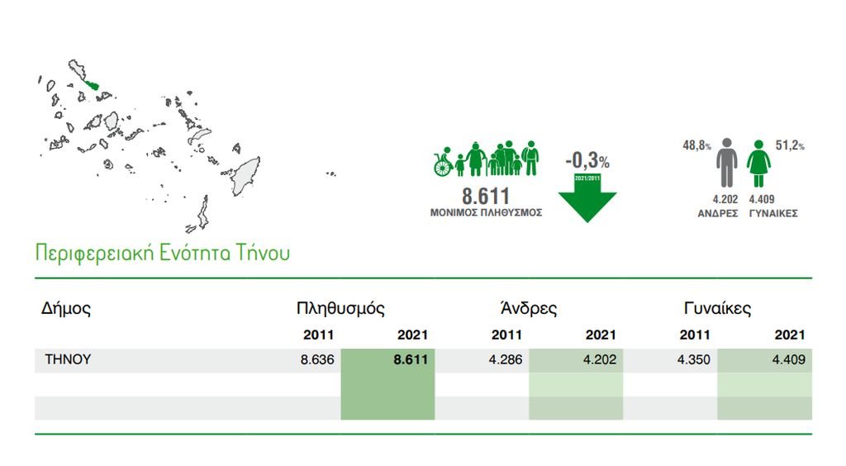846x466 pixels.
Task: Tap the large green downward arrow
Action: pos(587,198)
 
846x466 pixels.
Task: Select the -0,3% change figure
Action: pos(587,160)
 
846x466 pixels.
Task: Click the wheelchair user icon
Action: pos(443,162)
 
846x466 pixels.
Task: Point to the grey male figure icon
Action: pos(727,163)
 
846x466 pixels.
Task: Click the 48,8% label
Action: pos(696,145)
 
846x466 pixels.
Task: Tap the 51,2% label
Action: pos(790,145)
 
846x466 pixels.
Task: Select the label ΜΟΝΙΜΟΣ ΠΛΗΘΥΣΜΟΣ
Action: pos(486,212)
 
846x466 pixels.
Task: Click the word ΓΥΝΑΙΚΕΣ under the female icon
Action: pos(773,213)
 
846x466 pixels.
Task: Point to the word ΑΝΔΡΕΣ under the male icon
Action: pos(718,213)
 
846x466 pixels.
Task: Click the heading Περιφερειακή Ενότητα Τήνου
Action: pos(163,253)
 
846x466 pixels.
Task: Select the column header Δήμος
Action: pos(66,309)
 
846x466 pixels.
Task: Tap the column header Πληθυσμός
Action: pos(340,308)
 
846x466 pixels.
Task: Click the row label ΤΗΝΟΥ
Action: pos(68,359)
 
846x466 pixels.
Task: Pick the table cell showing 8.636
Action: pos(317,359)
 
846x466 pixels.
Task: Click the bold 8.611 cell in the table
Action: pos(411,359)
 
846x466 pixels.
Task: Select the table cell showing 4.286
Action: pos(506,359)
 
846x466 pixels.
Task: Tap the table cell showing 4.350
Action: pos(694,359)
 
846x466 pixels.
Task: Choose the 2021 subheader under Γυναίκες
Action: pos(790,335)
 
